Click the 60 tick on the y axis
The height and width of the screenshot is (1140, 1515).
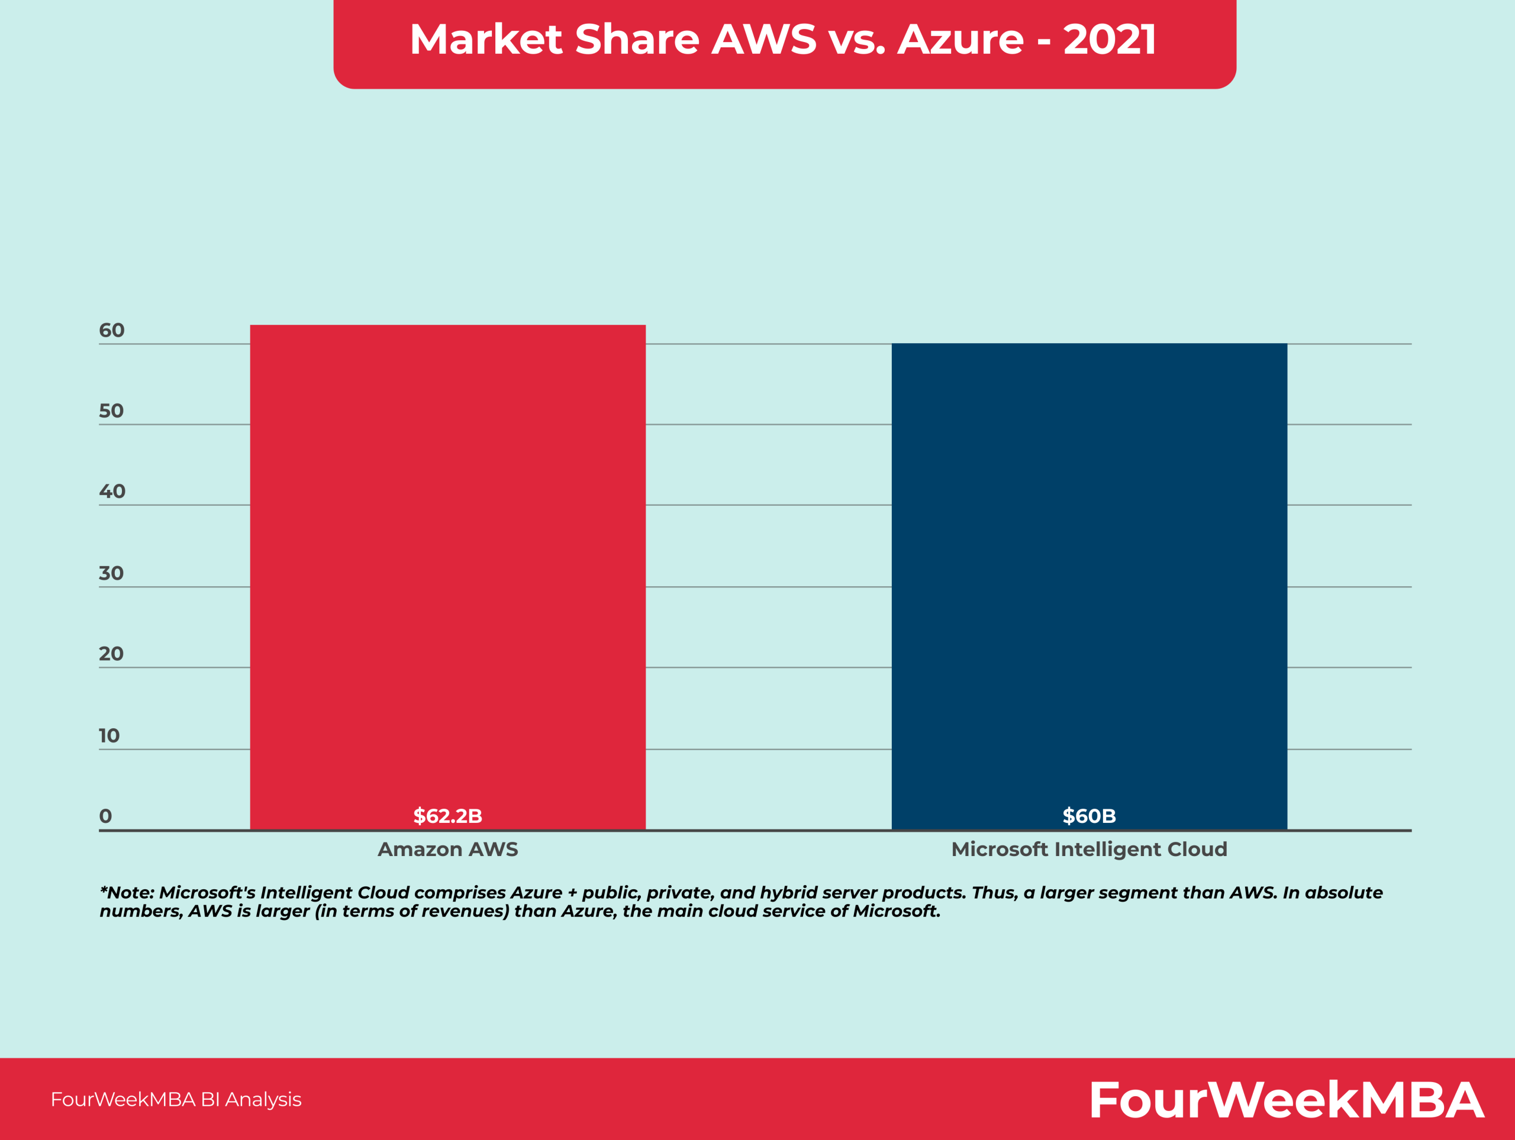coord(112,331)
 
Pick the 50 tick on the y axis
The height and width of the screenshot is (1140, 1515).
coord(111,411)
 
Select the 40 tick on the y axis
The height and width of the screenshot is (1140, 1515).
coord(112,492)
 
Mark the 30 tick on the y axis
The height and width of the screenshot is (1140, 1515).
coord(111,573)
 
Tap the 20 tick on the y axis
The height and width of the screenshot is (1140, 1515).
coord(111,654)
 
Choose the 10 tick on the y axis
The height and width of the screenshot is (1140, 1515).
coord(109,735)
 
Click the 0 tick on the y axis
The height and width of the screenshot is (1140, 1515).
coord(105,816)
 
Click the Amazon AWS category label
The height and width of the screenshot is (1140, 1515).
coord(447,849)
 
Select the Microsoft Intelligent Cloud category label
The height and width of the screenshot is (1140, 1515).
coord(1089,849)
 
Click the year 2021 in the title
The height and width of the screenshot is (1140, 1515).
coord(1110,39)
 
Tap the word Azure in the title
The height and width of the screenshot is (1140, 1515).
coord(960,39)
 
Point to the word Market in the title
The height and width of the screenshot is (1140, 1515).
coord(486,39)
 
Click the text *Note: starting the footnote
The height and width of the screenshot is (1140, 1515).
coord(127,893)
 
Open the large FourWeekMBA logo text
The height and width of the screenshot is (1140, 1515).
coord(1286,1100)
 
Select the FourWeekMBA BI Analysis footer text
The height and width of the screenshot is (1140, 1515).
coord(176,1100)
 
